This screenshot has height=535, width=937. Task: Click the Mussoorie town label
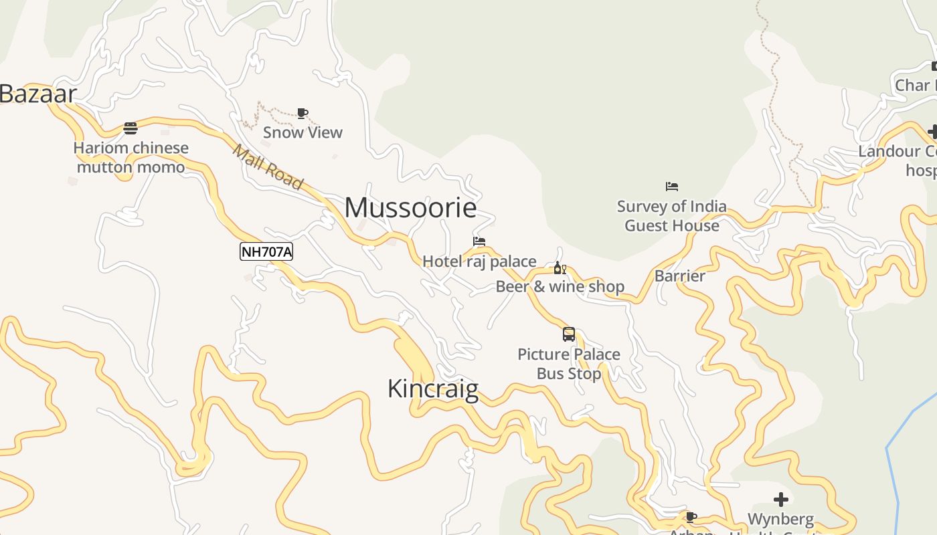point(410,208)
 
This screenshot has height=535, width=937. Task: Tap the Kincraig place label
point(433,389)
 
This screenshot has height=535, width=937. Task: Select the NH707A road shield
point(266,251)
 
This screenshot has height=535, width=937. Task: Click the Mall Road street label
point(268,167)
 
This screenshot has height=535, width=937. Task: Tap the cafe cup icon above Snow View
point(303,113)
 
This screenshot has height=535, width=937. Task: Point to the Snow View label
point(303,132)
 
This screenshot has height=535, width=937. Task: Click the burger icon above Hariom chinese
point(131,128)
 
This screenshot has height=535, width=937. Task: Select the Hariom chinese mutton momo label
point(131,157)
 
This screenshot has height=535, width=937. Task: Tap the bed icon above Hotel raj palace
point(479,241)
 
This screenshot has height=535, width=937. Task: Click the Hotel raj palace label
point(479,261)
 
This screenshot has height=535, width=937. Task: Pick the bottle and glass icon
point(560,268)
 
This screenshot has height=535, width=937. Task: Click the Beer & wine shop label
point(560,287)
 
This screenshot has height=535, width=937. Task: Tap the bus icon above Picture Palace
point(569,334)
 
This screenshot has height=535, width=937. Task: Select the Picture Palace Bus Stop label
point(569,364)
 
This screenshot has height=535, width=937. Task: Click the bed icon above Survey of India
point(672,187)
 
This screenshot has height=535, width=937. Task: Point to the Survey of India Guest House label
point(672,216)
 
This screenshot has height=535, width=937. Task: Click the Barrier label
point(680,276)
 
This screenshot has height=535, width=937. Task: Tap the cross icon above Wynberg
point(781,500)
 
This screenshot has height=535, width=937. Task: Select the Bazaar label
point(37,94)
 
